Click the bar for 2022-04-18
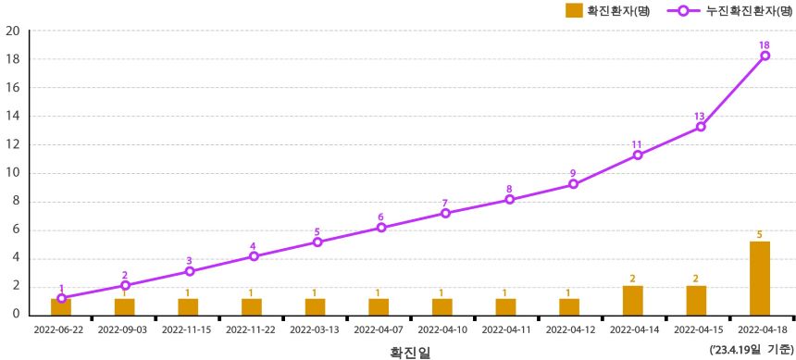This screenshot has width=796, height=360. pos(759,278)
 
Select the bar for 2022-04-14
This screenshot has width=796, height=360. pos(632,300)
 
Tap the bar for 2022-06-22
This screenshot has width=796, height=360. pos(61,306)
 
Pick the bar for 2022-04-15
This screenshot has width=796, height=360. pos(696,300)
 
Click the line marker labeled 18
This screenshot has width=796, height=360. pos(765,56)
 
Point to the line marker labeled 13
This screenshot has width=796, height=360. pos(701,127)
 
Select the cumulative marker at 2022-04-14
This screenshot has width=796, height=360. pos(637,155)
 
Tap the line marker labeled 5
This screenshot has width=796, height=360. pos(317,242)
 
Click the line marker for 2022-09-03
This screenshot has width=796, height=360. pos(125,286)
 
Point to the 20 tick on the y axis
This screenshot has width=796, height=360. pos(13,31)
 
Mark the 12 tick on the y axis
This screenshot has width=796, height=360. pos(13,144)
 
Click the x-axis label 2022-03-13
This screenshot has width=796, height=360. pos(316,329)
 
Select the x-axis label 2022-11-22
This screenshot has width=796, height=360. pos(252,329)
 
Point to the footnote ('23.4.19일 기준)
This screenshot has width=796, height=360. pos(750,349)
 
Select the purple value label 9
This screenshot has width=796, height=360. pos(573,173)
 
